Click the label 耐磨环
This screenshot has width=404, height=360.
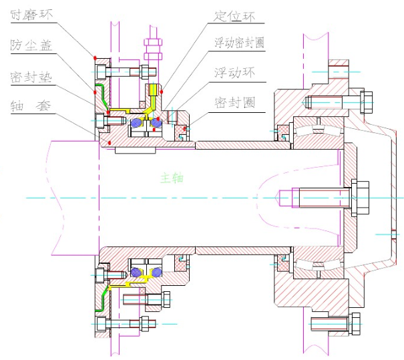(x=31, y=15)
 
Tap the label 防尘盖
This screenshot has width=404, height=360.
(x=31, y=45)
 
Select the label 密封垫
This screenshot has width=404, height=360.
(x=31, y=77)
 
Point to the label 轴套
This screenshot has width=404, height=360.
(x=31, y=106)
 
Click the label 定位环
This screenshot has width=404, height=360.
(x=234, y=17)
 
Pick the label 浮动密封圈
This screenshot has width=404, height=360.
(x=240, y=43)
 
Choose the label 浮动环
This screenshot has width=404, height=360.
(x=235, y=72)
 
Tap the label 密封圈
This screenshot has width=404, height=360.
(x=235, y=103)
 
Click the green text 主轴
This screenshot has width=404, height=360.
(x=172, y=178)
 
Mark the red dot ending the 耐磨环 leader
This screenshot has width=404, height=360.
(x=95, y=57)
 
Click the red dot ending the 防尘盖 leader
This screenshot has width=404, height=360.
(x=95, y=92)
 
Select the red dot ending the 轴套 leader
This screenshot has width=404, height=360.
(x=110, y=142)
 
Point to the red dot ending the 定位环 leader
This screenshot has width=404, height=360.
(x=162, y=92)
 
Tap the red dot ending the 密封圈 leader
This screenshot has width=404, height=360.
(x=184, y=128)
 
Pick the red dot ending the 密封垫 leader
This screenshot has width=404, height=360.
(x=108, y=112)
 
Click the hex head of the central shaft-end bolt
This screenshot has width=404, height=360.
(x=360, y=198)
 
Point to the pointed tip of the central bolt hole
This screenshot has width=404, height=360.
(x=280, y=198)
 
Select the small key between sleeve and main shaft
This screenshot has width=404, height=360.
(x=136, y=150)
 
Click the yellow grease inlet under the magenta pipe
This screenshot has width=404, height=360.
(x=153, y=90)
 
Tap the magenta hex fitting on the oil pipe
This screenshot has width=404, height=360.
(x=153, y=49)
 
